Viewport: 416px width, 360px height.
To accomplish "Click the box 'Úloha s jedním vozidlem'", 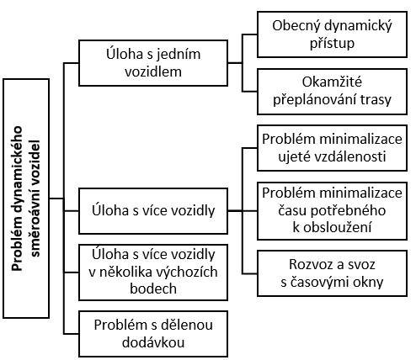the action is click(x=153, y=63).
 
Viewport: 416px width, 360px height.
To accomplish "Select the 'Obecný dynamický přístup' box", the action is click(x=332, y=34).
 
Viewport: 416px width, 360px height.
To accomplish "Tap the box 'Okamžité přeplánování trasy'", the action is click(x=332, y=92).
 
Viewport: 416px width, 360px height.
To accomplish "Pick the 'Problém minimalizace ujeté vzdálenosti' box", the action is click(x=332, y=148).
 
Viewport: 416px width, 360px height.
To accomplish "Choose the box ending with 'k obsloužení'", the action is click(x=332, y=211).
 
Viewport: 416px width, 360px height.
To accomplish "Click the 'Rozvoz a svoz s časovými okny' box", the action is click(x=332, y=273).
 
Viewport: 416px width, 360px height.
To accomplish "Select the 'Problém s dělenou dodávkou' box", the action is click(x=153, y=334).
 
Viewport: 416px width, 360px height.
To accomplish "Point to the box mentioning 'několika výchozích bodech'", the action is click(x=153, y=273).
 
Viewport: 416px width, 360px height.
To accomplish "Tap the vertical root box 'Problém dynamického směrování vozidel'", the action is click(x=26, y=199).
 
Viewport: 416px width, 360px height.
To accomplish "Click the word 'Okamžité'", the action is click(x=332, y=82).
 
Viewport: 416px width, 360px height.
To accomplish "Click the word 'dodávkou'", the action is click(x=153, y=342).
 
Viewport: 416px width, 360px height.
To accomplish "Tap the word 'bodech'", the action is click(x=153, y=289).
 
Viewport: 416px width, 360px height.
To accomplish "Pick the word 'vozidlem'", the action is click(x=153, y=71).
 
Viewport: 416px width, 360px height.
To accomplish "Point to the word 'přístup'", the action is click(x=332, y=44).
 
